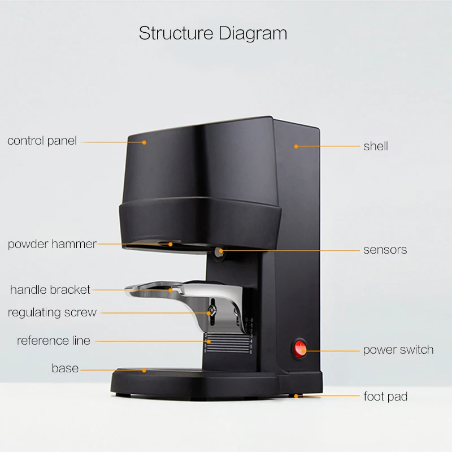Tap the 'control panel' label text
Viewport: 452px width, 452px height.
coord(42,141)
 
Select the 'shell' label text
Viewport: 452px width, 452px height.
coord(376,146)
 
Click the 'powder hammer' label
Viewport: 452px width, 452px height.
coord(52,244)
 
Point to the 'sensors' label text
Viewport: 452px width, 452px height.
coord(385,249)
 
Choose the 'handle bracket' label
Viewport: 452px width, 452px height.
coord(50,290)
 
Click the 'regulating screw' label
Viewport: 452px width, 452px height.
coord(52,312)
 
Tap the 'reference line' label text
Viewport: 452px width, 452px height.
coord(53,341)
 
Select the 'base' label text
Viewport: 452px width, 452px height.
coord(65,368)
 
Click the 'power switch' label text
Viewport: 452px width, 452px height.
coord(398,350)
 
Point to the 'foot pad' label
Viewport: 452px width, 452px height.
coord(385,397)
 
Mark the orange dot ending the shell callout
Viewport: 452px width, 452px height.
coord(295,146)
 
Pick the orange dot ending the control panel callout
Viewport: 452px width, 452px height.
coord(144,142)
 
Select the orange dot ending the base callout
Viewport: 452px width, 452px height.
coord(145,371)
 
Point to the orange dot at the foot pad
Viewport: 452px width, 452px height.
coord(295,395)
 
